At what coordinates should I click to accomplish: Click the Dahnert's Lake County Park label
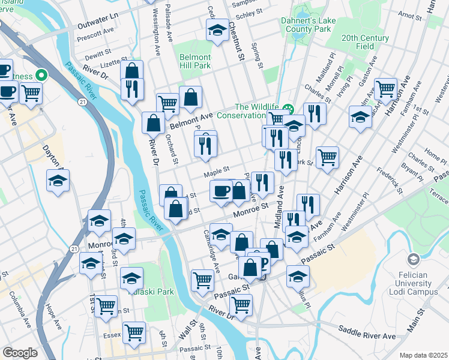[306, 24]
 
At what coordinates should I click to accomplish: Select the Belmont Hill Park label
[194, 61]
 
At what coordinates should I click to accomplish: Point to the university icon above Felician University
[413, 260]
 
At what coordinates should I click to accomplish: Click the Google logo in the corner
[20, 352]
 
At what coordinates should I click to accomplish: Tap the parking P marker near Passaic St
[261, 259]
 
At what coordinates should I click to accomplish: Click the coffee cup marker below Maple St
[221, 191]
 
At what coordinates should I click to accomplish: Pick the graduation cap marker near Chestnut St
[216, 31]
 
